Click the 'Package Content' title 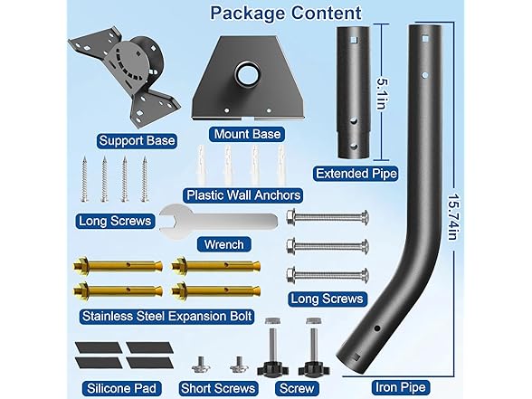click(286, 14)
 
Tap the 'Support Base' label click(137, 140)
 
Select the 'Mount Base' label click(247, 134)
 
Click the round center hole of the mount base click(248, 73)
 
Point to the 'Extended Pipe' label click(356, 174)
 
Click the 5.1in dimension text click(383, 94)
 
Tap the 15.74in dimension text click(453, 217)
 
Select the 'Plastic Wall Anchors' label click(243, 195)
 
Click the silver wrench click(218, 222)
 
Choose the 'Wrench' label click(224, 244)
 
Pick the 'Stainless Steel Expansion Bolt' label click(167, 317)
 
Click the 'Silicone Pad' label click(121, 388)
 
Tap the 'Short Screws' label click(218, 388)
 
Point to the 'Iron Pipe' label click(401, 387)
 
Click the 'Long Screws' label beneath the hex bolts click(328, 299)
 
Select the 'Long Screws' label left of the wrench click(115, 221)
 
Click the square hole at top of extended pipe click(354, 40)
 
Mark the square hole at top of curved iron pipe click(425, 39)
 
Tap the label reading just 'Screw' click(297, 388)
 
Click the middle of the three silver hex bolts click(328, 245)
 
